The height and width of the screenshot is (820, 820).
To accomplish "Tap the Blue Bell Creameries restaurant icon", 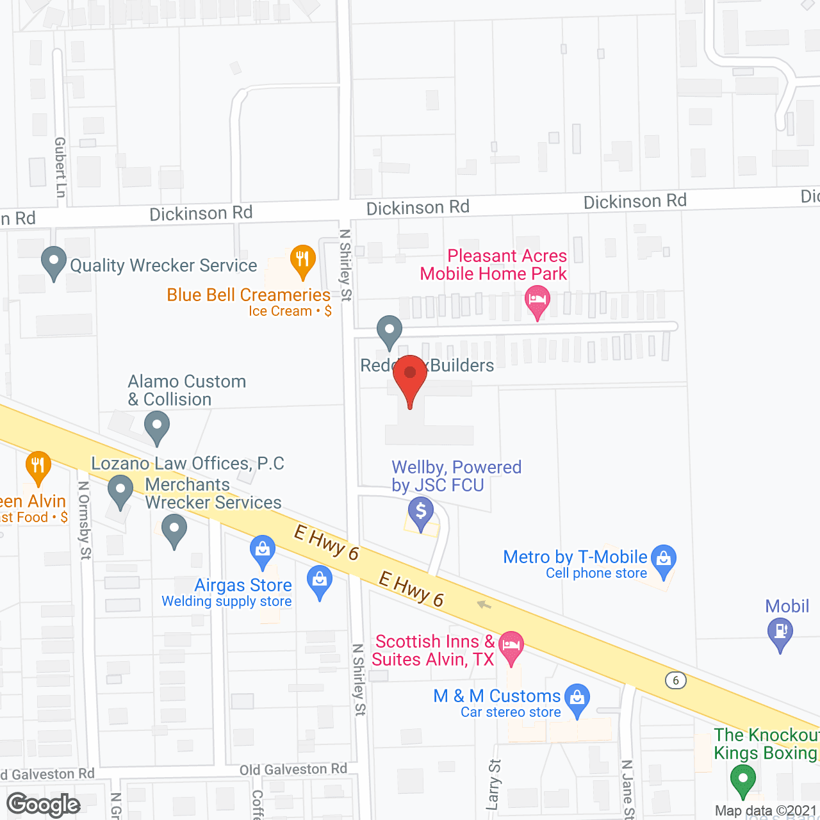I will coord(302,260).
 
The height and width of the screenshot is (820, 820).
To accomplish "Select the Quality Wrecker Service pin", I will coord(54,262).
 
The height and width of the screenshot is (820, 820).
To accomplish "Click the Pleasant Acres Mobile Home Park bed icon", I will coord(537,300).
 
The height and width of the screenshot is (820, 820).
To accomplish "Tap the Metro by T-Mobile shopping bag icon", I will coord(664,559).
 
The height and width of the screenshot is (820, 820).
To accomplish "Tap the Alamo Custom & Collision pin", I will coord(157,425).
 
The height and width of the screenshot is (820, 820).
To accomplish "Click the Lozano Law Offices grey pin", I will coord(120,490).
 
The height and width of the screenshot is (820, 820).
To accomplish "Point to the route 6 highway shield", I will coord(675,680).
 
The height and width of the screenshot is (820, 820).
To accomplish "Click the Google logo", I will coord(44,805).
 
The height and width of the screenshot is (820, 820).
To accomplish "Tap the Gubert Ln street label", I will coord(60,167).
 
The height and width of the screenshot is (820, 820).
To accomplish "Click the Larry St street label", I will coord(494,785).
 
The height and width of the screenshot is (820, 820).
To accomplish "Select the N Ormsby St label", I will coord(85,520).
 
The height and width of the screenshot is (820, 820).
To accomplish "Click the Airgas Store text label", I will coord(243,585).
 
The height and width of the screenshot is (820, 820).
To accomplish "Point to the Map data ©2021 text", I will coord(766,811).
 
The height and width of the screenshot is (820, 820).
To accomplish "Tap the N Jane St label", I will coord(627,790).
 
